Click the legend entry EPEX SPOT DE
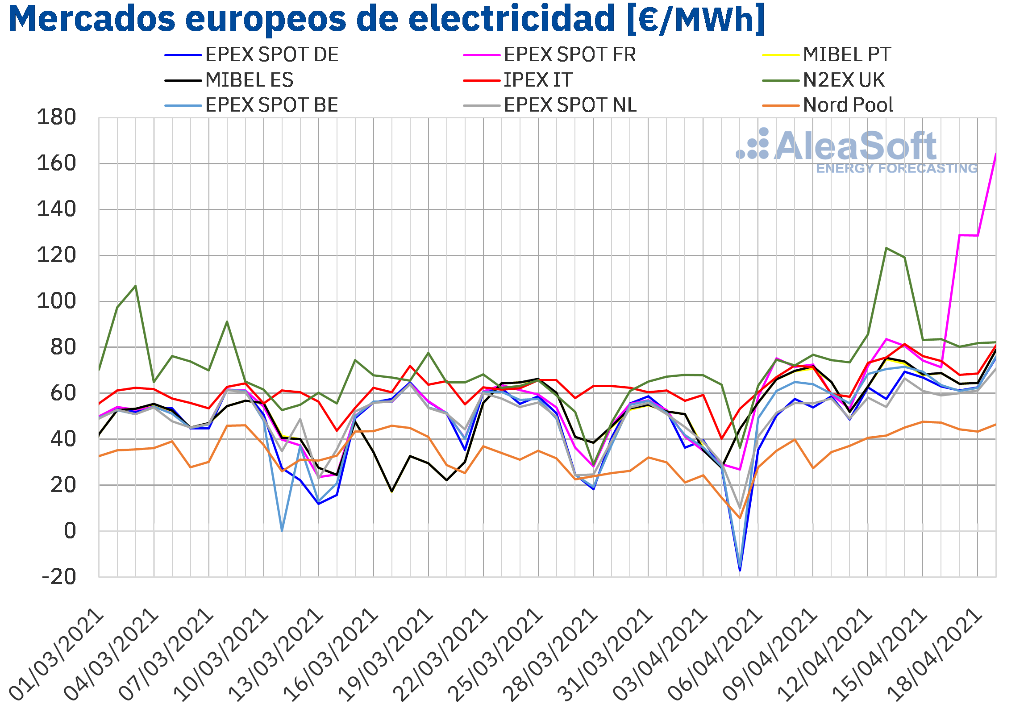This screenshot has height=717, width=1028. (252, 55)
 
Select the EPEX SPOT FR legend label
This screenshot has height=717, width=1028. (550, 55)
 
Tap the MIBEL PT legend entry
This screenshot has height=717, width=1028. (827, 55)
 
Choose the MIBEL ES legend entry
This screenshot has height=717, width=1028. (229, 81)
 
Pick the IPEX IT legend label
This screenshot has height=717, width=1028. (518, 81)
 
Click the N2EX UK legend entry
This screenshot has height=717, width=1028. (824, 81)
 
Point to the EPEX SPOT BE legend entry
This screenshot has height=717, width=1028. (252, 106)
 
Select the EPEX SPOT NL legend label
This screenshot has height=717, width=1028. (550, 106)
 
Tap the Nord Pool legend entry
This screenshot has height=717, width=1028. (828, 106)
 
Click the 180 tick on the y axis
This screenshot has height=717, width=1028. (56, 118)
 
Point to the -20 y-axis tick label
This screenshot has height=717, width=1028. (58, 577)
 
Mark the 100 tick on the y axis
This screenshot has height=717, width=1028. (56, 301)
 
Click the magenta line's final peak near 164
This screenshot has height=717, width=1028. (995, 154)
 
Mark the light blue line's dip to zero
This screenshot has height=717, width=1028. (282, 531)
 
